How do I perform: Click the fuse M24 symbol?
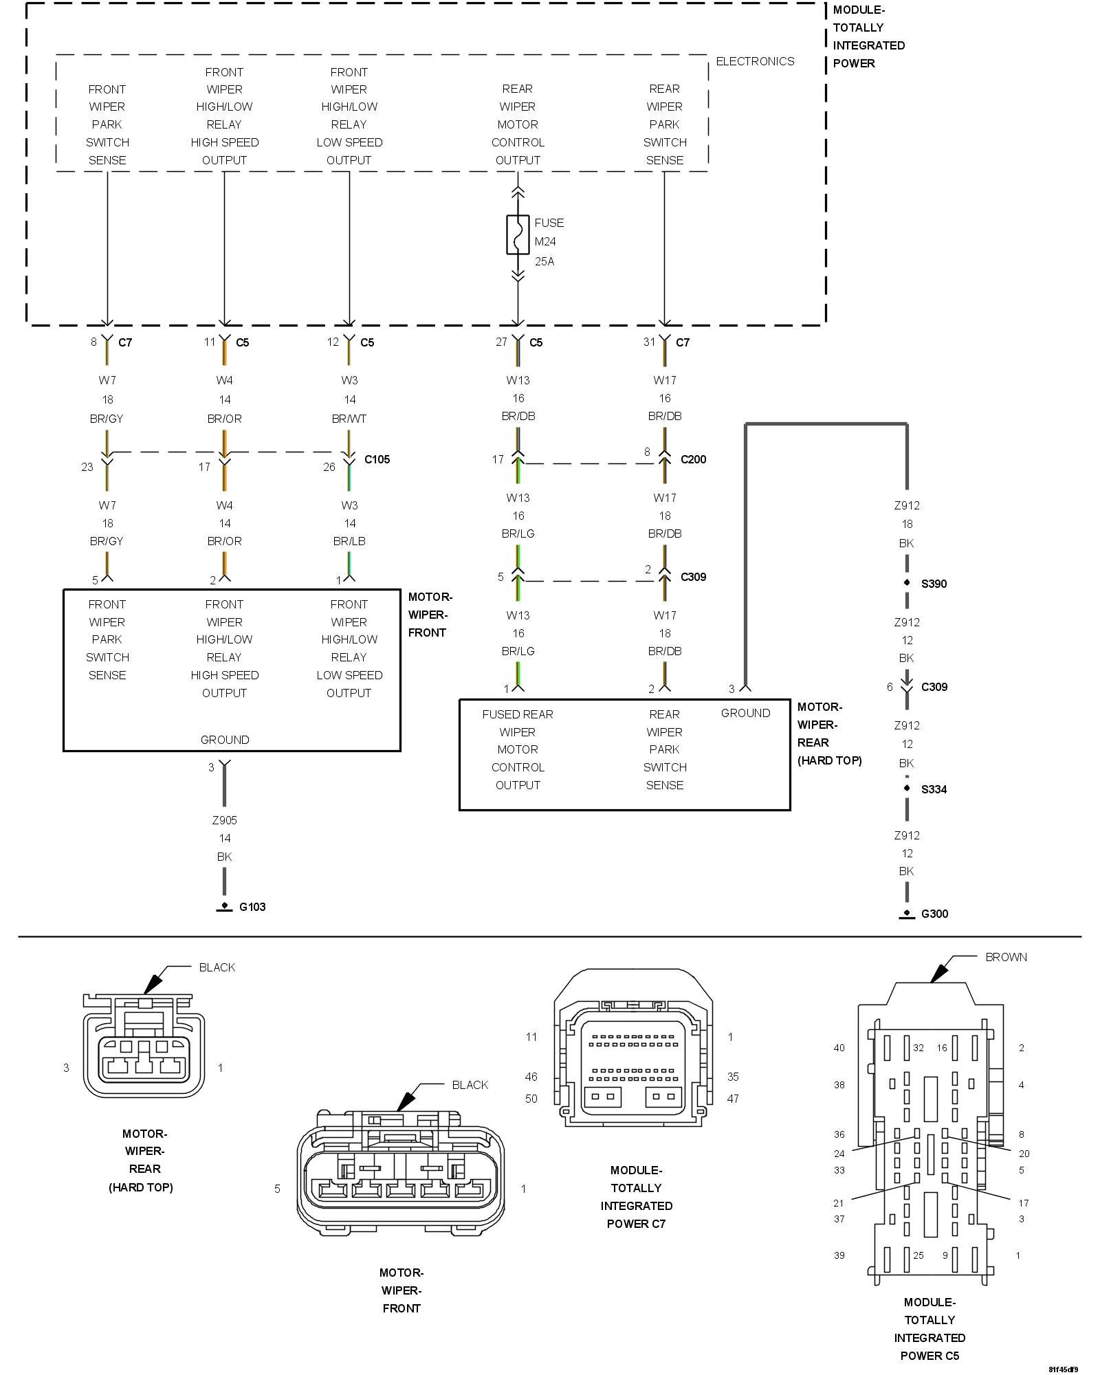point(518,234)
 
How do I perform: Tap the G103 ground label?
point(252,907)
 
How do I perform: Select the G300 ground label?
point(934,914)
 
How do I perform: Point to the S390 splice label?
point(934,584)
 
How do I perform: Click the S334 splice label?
point(934,789)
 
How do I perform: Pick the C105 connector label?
point(377,459)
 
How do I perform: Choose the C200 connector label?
point(693,459)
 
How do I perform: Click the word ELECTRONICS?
point(755,61)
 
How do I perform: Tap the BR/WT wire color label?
point(349,419)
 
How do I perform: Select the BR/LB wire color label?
point(349,541)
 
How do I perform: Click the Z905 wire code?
point(224,820)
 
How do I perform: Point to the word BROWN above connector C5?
point(1006,957)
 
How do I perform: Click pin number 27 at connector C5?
point(501,342)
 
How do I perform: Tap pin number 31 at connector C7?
point(649,342)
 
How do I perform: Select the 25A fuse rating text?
point(544,261)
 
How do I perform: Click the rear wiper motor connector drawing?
point(144,1045)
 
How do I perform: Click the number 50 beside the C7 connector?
point(531,1099)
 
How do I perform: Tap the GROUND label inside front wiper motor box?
point(225,740)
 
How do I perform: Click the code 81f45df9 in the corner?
point(1063,1369)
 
